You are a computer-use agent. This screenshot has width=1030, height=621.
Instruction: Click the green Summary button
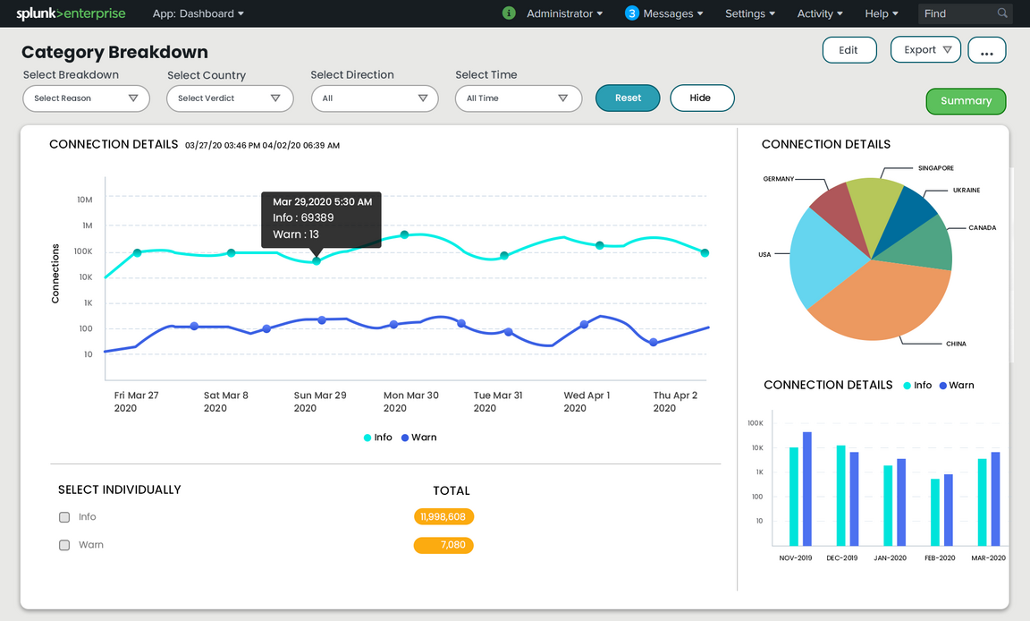pyautogui.click(x=966, y=101)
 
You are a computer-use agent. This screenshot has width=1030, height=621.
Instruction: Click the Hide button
pyautogui.click(x=701, y=98)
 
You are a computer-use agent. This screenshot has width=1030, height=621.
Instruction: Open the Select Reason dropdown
pyautogui.click(x=86, y=98)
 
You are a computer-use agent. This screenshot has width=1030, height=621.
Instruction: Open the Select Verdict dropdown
pyautogui.click(x=230, y=98)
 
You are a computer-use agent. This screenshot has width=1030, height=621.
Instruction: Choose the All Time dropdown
pyautogui.click(x=518, y=98)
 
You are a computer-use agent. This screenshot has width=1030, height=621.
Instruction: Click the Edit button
pyautogui.click(x=848, y=50)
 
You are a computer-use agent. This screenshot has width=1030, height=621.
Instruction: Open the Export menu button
pyautogui.click(x=925, y=50)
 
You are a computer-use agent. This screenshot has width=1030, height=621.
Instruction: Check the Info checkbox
pyautogui.click(x=64, y=517)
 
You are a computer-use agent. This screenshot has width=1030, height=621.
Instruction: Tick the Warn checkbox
pyautogui.click(x=64, y=545)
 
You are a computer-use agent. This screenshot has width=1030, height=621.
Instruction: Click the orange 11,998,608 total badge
pyautogui.click(x=443, y=516)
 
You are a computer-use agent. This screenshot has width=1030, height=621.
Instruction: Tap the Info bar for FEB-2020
pyautogui.click(x=935, y=512)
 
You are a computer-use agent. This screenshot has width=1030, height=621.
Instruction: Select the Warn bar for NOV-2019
pyautogui.click(x=807, y=489)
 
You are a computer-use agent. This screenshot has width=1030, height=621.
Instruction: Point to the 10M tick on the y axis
pyautogui.click(x=85, y=200)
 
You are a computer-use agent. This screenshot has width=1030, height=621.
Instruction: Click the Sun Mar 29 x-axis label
pyautogui.click(x=319, y=401)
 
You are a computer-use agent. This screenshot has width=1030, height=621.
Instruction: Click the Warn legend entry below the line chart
pyautogui.click(x=418, y=438)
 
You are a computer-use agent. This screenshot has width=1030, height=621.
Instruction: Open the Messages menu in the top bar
pyautogui.click(x=664, y=13)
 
